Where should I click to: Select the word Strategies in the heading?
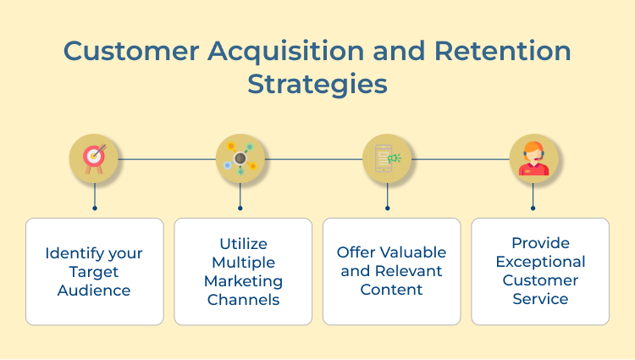pyautogui.click(x=317, y=85)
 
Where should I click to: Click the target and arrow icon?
pyautogui.click(x=94, y=158)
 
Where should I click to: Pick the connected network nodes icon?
pyautogui.click(x=240, y=158)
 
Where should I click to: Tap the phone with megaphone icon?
pyautogui.click(x=388, y=158)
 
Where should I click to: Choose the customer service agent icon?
pyautogui.click(x=533, y=158)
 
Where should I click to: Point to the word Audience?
pyautogui.click(x=94, y=291)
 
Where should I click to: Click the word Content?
pyautogui.click(x=391, y=290)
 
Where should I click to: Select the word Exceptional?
pyautogui.click(x=540, y=262)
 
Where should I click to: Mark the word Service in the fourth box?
pyautogui.click(x=540, y=299)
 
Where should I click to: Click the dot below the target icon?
pyautogui.click(x=95, y=208)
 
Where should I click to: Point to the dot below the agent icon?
pyautogui.click(x=533, y=208)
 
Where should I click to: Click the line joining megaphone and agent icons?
pyautogui.click(x=461, y=158)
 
